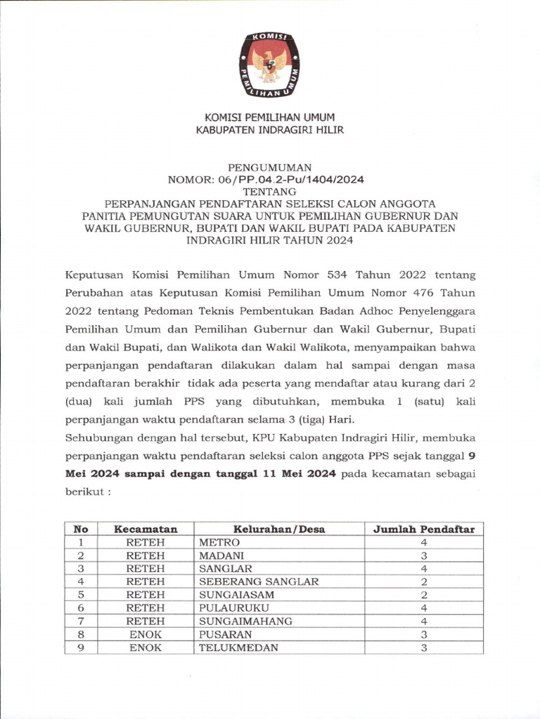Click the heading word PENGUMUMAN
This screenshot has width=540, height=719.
pos(270,167)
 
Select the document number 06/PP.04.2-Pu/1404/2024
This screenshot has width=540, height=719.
pos(285,179)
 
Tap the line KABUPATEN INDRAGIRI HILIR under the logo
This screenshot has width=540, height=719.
pos(269,130)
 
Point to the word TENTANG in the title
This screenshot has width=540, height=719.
pos(269,191)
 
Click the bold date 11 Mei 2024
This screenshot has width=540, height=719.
pos(304,474)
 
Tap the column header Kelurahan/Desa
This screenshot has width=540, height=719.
pos(279,529)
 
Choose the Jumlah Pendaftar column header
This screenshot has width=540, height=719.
pos(423,529)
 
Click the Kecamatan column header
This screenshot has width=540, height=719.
pos(146,529)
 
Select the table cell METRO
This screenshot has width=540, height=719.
pos(219,542)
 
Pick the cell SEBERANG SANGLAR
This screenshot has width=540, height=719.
pos(259,581)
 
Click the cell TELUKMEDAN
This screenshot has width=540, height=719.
pos(238,647)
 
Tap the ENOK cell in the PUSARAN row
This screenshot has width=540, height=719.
pos(146,634)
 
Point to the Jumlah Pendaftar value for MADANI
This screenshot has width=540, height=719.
pos(423,555)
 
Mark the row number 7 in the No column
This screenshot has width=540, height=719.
pos(81,621)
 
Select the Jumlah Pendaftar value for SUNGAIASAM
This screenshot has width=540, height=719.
pos(423,595)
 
